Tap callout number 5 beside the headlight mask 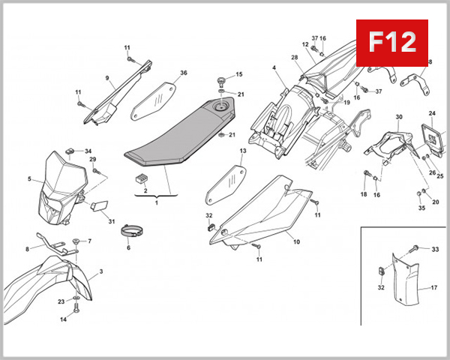point(29,179)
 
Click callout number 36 point(183,73)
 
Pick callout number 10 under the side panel point(295,242)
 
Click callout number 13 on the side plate point(243,151)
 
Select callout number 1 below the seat point(156,202)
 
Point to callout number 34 point(88,151)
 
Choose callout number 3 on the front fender point(100,271)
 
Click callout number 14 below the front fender point(64,319)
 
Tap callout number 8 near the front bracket point(28,248)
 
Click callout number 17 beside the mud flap point(433,288)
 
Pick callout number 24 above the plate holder point(432,113)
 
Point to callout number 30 point(399,117)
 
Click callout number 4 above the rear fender point(274,68)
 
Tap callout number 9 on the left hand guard point(107,78)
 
